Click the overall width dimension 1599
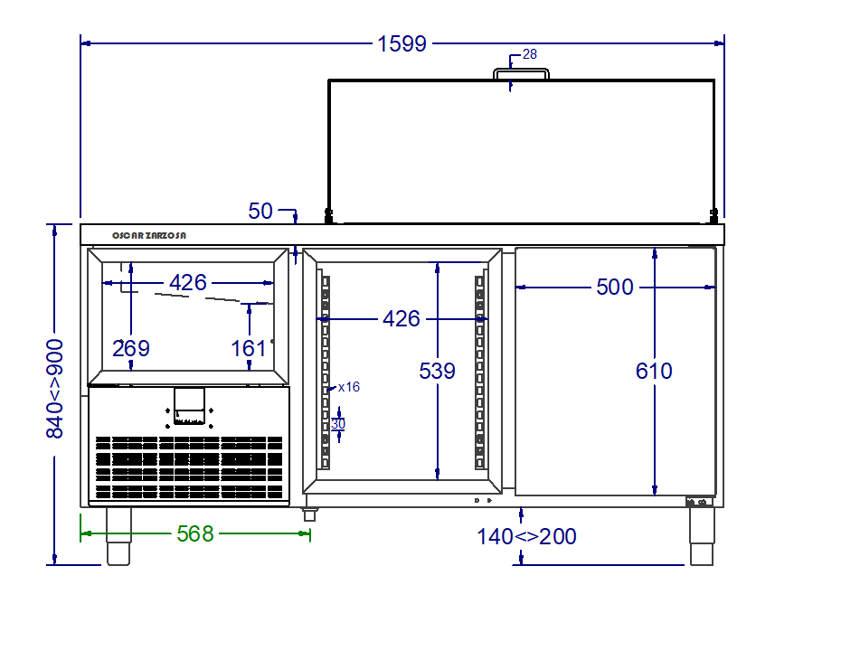click(402, 44)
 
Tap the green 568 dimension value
click(195, 534)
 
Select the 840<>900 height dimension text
click(54, 389)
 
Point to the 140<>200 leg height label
click(526, 536)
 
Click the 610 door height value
click(654, 371)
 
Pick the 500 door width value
click(615, 288)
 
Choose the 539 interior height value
click(437, 371)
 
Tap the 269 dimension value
click(131, 349)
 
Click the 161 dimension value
click(249, 349)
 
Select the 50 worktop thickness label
click(260, 212)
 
